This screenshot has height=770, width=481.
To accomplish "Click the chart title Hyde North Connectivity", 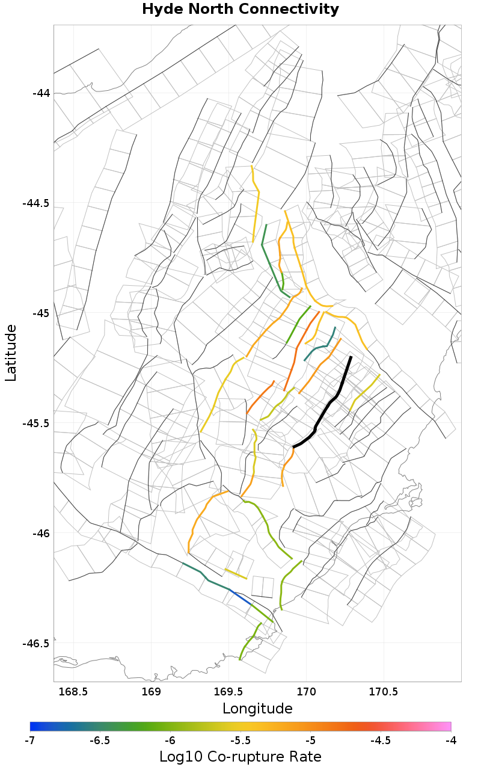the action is coord(240,10).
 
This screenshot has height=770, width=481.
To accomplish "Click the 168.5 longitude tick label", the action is coord(74,692).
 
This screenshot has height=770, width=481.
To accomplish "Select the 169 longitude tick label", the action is coord(151,692).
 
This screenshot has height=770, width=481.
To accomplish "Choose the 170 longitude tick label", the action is coord(307,692).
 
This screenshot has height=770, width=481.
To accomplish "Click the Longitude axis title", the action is coord(257,709).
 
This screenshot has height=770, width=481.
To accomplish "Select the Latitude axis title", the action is coord(11,353).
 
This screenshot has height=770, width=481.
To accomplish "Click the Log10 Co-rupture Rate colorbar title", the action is coord(240,757).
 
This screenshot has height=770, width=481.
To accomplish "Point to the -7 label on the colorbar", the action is coord(30,740).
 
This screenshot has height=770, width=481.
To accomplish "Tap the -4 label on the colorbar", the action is coord(450,740).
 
